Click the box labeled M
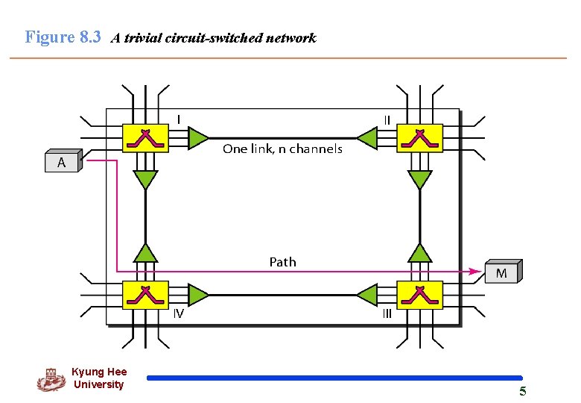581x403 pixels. click(502, 272)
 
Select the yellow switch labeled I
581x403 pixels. click(145, 138)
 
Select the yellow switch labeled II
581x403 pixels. click(420, 138)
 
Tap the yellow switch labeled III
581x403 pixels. click(420, 294)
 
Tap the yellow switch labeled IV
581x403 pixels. click(145, 294)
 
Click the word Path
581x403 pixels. click(282, 262)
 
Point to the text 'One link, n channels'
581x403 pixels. click(282, 149)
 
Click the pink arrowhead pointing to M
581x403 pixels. click(474, 271)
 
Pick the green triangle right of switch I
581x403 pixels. click(197, 138)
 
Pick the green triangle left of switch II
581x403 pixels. click(367, 138)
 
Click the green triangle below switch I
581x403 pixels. click(145, 180)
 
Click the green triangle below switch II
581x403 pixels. click(420, 180)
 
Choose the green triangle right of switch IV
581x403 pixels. click(197, 294)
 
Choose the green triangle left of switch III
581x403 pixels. click(367, 294)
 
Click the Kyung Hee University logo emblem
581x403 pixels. click(51, 379)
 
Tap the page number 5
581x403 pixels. click(522, 392)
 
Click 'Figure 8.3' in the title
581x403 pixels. click(63, 37)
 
